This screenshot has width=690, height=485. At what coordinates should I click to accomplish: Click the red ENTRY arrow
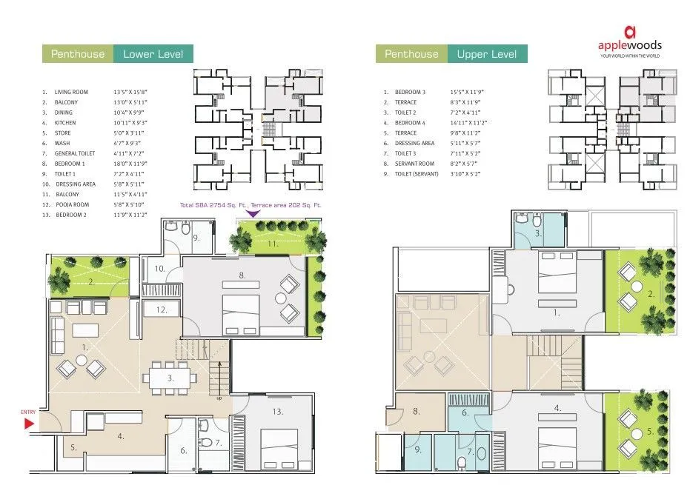coord(29,423)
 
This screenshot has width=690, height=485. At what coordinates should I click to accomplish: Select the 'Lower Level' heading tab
coord(153,54)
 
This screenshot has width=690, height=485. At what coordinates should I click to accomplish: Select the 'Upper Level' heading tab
coord(487,54)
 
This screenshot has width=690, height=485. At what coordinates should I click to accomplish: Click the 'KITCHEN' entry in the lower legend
coord(65,122)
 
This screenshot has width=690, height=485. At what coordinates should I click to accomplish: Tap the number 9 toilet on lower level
coord(196,238)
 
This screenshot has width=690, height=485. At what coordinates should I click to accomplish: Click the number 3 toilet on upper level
coord(539,233)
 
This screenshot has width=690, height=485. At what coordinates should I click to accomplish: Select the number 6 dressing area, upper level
coord(465,413)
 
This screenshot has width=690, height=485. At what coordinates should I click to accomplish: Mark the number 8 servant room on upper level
coord(417,410)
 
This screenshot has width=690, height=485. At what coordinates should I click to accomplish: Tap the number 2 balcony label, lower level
coord(90,281)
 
